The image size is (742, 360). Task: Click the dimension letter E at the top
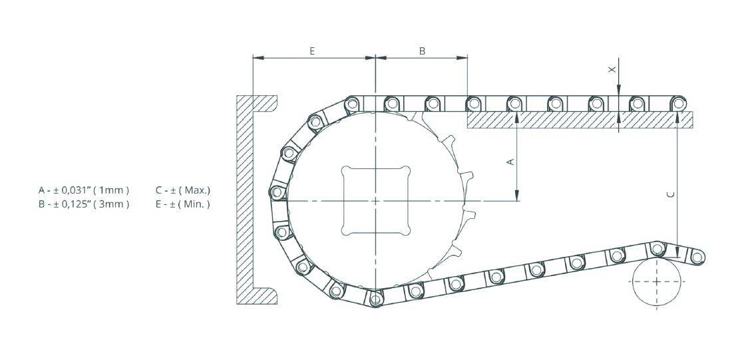click(x=312, y=51)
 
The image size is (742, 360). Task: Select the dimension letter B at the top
click(x=423, y=51)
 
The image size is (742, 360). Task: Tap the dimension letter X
click(x=612, y=70)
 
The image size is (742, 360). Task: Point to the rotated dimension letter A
click(x=510, y=162)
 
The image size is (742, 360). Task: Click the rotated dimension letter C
click(x=669, y=194)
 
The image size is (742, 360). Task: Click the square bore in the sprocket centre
click(x=375, y=200)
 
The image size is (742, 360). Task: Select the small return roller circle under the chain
click(x=657, y=282)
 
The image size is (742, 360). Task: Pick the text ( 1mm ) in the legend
click(x=111, y=190)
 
